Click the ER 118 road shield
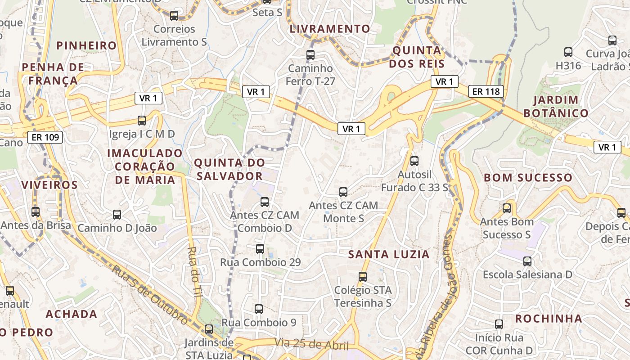[x=486, y=92]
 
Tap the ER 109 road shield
[x=45, y=137]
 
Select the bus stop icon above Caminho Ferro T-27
[x=310, y=55]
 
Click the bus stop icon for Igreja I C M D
[x=142, y=120]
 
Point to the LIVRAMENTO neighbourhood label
[x=330, y=29]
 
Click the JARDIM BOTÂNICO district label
[x=561, y=106]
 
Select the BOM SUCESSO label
[x=528, y=178]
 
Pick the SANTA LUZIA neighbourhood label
[x=389, y=254]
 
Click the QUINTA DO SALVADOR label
[x=229, y=169]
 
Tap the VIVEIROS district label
[x=49, y=185]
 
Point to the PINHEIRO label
[x=87, y=45]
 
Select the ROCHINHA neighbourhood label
[x=549, y=319]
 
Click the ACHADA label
[x=72, y=314]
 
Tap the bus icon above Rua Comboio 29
[x=260, y=248]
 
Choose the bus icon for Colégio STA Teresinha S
[x=363, y=276]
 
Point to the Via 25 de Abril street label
[x=311, y=344]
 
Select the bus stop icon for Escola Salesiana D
[x=527, y=261]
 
